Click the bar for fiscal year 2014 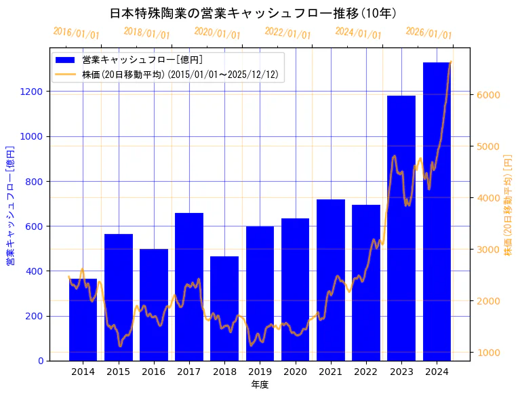83,319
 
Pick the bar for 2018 224,309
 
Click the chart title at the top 253,14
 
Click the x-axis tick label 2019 260,372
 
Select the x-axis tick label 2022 366,372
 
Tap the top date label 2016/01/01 76,34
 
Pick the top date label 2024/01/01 358,34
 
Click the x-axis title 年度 260,384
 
